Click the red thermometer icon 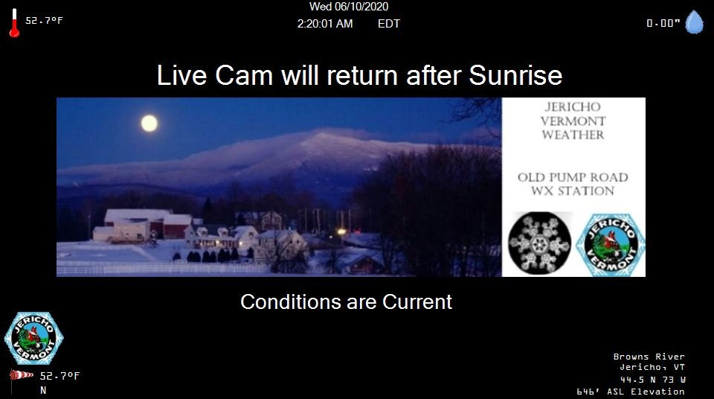coord(14,23)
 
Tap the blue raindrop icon coord(695,22)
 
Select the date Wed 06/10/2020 coord(349,7)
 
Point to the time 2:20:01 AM coord(325,24)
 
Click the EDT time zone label coord(388,24)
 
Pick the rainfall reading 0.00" coord(663,23)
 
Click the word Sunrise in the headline coord(515,75)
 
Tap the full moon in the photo coord(149,123)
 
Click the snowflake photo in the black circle coord(540,243)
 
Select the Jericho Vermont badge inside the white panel coord(610,245)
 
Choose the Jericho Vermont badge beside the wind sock coord(33,338)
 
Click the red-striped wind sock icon coord(22,375)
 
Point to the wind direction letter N coord(43,390)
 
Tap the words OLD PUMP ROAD coord(573,177)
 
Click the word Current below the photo coord(417,302)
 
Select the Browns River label coord(649,357)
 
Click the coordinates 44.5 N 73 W coord(653,380)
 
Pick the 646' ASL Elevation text coord(631,392)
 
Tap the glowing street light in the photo coord(341,232)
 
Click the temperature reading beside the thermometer coord(44,21)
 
